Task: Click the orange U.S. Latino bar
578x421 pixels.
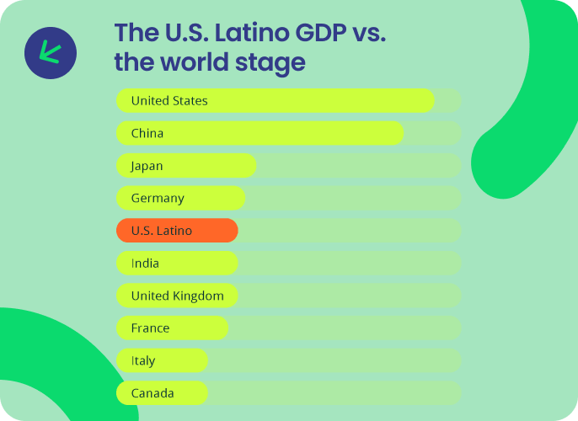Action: click(177, 231)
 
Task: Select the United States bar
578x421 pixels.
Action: click(276, 100)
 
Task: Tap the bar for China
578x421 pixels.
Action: click(260, 133)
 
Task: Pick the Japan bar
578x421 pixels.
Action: click(186, 165)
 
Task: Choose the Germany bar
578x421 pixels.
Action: click(180, 198)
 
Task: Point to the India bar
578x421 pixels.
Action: click(177, 263)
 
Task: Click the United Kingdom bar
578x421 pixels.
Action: click(177, 296)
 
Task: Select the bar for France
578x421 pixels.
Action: click(172, 328)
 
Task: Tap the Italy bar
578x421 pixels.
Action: click(162, 360)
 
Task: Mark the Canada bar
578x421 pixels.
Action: click(162, 393)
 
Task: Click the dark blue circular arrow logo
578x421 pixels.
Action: click(51, 53)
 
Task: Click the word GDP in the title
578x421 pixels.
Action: click(321, 33)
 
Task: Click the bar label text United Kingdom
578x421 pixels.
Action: click(177, 296)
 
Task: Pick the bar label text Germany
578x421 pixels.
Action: click(158, 199)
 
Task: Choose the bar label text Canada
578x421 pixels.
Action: click(153, 393)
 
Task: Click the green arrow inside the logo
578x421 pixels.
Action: click(50, 52)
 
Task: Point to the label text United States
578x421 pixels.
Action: click(169, 100)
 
